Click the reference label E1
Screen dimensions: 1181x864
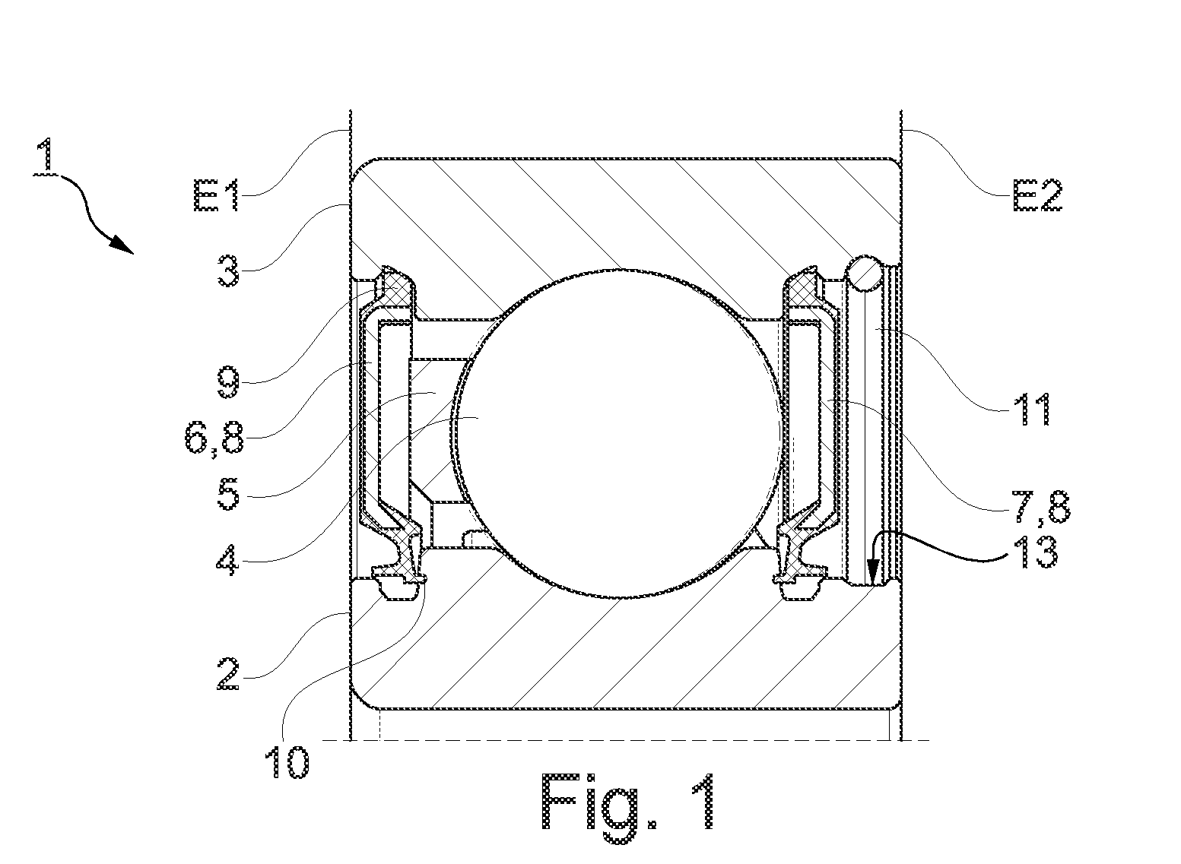coord(217,195)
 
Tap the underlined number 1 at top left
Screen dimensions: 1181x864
coord(47,156)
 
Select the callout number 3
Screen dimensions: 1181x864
coord(228,270)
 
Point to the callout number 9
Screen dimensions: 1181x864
coord(228,382)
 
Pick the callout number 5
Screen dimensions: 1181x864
coord(228,494)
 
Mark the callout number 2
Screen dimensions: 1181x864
coord(228,674)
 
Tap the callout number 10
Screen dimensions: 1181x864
coord(287,762)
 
